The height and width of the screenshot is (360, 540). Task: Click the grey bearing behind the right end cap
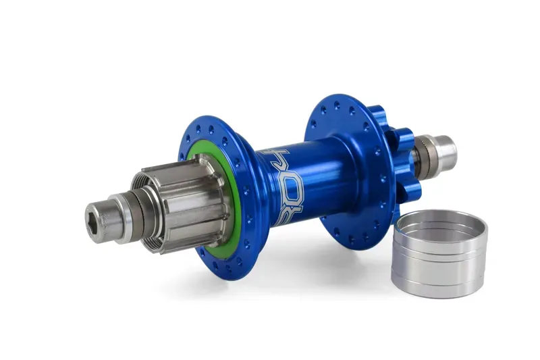point(423,152)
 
